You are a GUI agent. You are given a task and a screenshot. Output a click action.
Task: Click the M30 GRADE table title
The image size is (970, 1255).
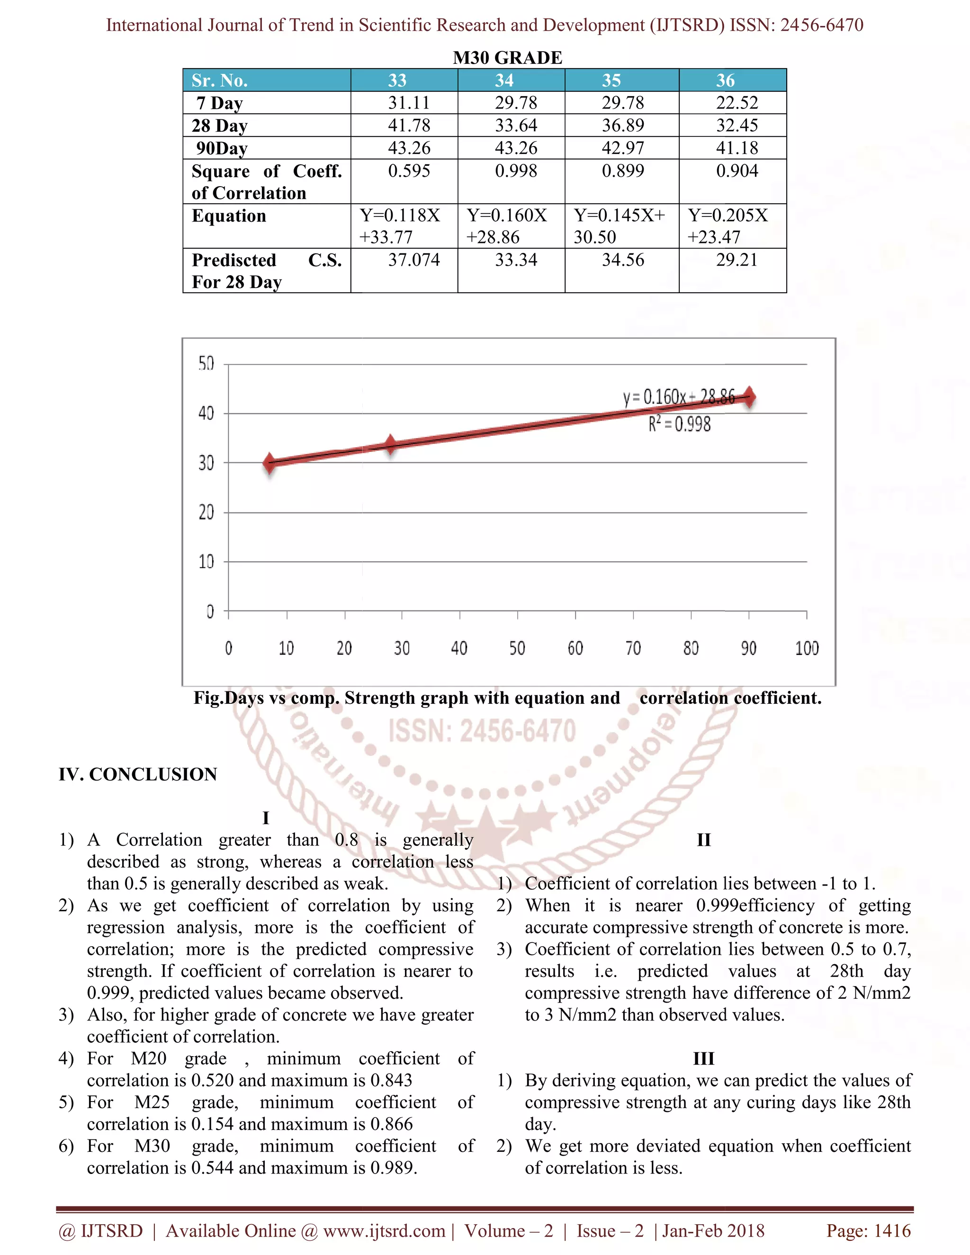coord(507,58)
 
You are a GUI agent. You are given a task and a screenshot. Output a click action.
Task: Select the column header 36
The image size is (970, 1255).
coord(725,81)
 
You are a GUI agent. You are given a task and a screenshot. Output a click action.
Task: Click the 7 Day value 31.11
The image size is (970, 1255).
coord(409,103)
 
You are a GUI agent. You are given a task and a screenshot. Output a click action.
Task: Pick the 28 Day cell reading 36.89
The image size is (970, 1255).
coord(622,125)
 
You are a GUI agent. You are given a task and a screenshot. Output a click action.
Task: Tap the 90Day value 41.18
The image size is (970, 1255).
coord(736,148)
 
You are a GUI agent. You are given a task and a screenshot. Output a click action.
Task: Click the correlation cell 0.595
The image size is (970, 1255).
coord(409,170)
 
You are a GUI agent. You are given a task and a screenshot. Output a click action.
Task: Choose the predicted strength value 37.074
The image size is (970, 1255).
coord(414,260)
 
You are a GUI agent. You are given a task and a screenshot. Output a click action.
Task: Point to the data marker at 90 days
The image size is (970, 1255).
coord(749,396)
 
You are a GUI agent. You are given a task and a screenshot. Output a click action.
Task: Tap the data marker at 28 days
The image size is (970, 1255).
coord(391,444)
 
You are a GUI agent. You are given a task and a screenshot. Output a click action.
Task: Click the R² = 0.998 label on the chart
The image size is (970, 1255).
coord(679,425)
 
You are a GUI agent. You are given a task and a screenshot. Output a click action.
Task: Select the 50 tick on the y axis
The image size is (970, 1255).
coord(207,364)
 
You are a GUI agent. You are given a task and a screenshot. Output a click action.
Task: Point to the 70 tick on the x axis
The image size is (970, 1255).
coord(633,649)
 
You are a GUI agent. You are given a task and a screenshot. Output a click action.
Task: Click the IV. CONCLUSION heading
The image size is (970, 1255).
coord(138,774)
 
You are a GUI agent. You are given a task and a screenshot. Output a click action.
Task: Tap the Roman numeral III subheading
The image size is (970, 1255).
coord(703,1058)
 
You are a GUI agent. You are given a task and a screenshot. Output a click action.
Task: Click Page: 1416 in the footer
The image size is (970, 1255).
coord(868,1231)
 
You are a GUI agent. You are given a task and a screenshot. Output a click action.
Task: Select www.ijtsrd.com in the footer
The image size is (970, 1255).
coord(384,1231)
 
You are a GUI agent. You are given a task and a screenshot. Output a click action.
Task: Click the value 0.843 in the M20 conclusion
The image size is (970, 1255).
coord(391,1080)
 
